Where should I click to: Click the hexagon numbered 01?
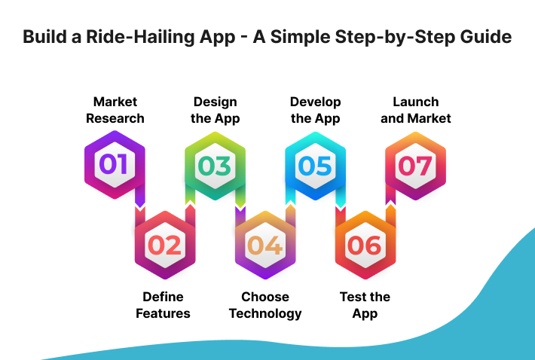tap(115, 165)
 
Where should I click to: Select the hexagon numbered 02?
tap(164, 245)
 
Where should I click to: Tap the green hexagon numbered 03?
tap(215, 165)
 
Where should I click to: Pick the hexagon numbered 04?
tap(264, 245)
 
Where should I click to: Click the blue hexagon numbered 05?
tap(315, 165)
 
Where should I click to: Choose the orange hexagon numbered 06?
tap(365, 245)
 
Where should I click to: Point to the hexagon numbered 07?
tap(415, 165)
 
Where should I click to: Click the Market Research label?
tap(115, 110)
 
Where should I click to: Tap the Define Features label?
tap(164, 305)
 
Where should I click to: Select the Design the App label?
tap(215, 110)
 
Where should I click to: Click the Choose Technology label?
tap(264, 305)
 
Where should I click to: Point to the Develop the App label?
tap(316, 110)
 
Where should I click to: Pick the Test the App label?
tap(365, 305)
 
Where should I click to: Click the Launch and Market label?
tap(415, 110)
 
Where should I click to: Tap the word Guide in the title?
tap(486, 38)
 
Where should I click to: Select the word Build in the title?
tap(44, 38)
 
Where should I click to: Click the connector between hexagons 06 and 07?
tap(390, 206)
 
